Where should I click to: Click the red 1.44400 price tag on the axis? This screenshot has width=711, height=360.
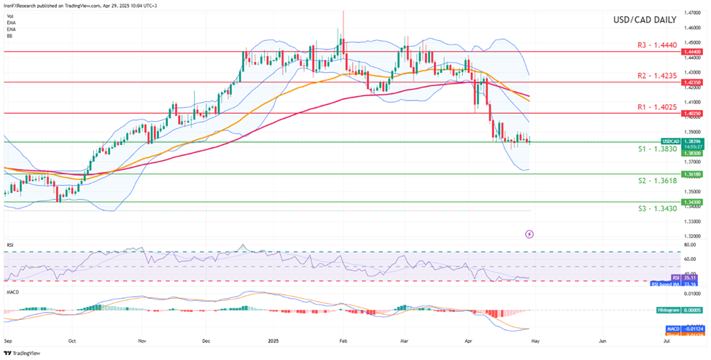(692, 52)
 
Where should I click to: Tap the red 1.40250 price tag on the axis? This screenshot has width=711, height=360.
(692, 114)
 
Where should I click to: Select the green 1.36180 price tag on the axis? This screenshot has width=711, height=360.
(692, 175)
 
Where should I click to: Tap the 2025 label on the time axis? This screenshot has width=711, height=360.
(273, 340)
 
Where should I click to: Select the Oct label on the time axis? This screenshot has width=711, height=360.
(72, 340)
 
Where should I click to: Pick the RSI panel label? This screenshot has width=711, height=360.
(9, 246)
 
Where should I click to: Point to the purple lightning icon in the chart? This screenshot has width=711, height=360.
(530, 234)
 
